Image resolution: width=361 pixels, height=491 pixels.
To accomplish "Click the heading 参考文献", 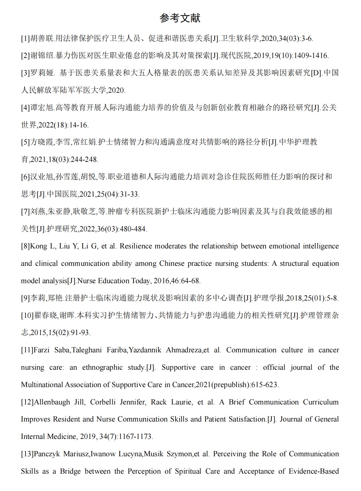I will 180,18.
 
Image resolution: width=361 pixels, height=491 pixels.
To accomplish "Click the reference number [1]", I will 25,39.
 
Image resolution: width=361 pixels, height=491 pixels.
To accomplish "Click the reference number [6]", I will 25,177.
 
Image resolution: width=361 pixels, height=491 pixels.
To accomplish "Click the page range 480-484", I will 133,229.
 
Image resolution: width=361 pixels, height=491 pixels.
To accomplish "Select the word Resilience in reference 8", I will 136,246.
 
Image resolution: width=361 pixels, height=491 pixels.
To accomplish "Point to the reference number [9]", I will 25,298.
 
